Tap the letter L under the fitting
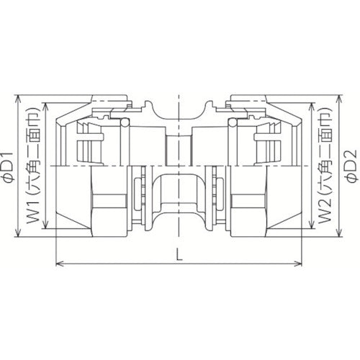tap(178, 254)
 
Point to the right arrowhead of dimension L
tap(299, 263)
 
